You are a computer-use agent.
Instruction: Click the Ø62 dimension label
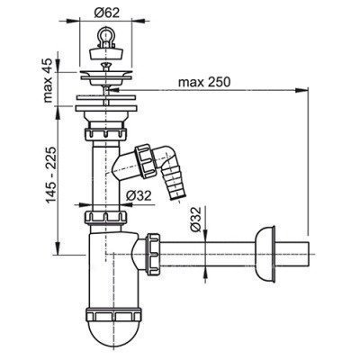tap(106, 13)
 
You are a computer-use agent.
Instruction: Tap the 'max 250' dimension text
tap(204, 82)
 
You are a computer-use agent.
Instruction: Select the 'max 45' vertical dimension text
tap(48, 81)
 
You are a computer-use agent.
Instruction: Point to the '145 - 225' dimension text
tap(50, 175)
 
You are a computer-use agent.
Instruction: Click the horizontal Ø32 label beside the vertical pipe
tap(139, 196)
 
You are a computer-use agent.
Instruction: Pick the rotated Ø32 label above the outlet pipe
tap(195, 220)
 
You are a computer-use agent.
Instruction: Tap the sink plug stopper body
tap(106, 53)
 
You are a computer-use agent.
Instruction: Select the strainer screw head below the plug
tap(105, 65)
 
